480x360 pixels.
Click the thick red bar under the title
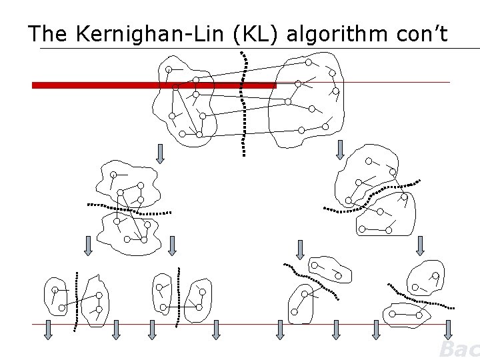(x=153, y=85)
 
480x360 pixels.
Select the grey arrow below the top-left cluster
(x=160, y=153)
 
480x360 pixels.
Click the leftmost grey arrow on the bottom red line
(x=49, y=329)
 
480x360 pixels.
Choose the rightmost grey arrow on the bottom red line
(x=448, y=329)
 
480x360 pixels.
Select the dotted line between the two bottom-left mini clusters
(x=77, y=300)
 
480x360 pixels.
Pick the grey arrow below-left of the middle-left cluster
(x=88, y=245)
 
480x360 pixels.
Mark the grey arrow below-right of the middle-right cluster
(x=420, y=245)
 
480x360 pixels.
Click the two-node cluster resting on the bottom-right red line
(x=405, y=313)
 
